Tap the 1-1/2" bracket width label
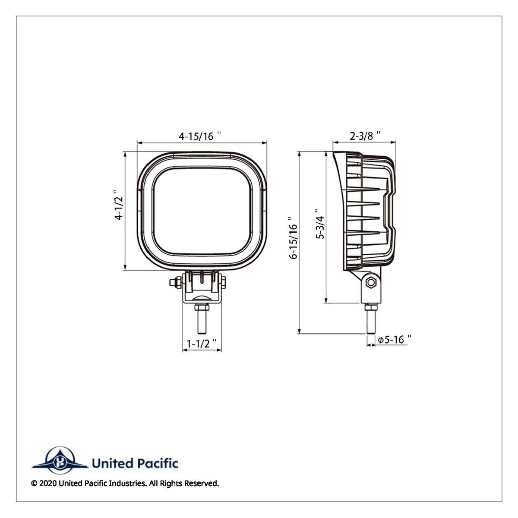tap(201, 343)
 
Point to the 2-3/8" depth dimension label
tap(365, 136)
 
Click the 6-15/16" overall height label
tap(294, 238)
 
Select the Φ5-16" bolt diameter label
tap(393, 340)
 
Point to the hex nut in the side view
tap(370, 283)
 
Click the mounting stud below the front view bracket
tap(202, 321)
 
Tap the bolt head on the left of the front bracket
tap(174, 283)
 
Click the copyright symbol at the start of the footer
tap(34, 483)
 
